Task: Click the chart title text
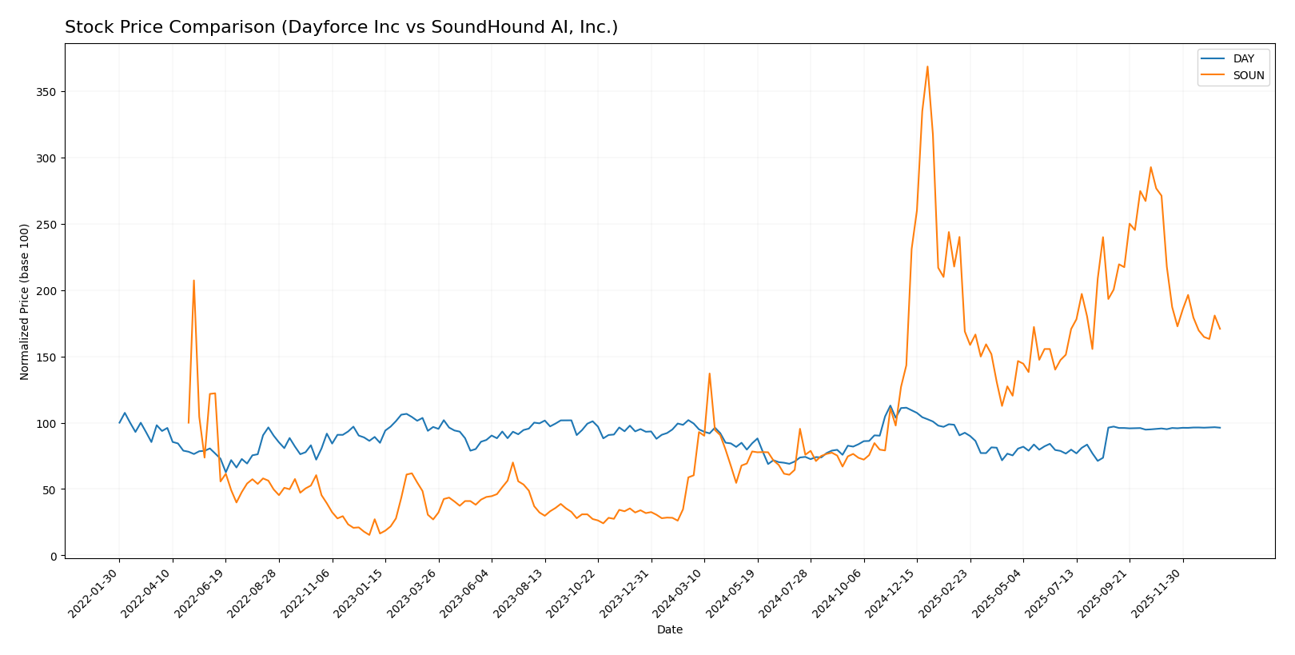point(341,28)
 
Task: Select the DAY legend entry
point(1243,58)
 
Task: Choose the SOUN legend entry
point(1248,76)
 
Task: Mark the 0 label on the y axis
point(53,556)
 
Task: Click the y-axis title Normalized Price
point(25,302)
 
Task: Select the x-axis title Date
point(670,629)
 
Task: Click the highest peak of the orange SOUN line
point(927,66)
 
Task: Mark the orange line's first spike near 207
point(193,281)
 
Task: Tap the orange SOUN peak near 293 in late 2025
point(1150,167)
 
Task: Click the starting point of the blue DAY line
point(120,422)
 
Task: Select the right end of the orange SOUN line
point(1219,329)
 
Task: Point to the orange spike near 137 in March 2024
point(709,373)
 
